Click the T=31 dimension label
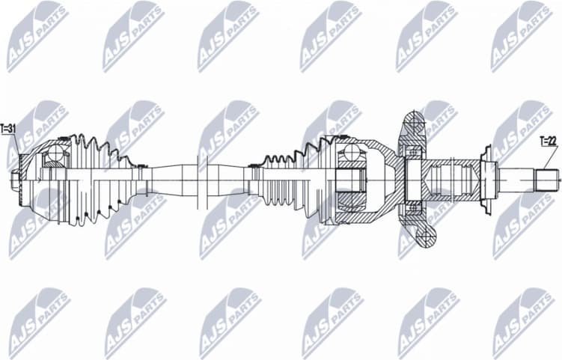coord(9,129)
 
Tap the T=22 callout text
coord(549,140)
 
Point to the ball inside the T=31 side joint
coord(55,156)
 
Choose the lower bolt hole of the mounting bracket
coord(424,239)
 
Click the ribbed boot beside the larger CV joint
coord(288,180)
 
